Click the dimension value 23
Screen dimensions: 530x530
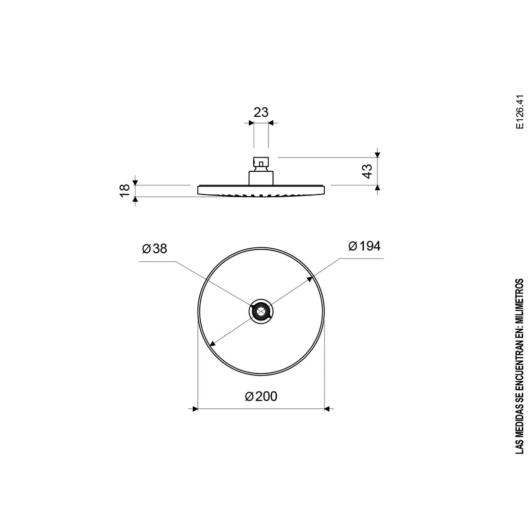pyautogui.click(x=261, y=112)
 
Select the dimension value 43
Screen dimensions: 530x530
pyautogui.click(x=367, y=171)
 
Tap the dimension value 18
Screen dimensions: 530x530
pyautogui.click(x=125, y=190)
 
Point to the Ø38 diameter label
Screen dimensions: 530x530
pyautogui.click(x=155, y=249)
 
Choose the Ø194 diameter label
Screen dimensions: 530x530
pyautogui.click(x=364, y=246)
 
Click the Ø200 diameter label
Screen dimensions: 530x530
pyautogui.click(x=261, y=396)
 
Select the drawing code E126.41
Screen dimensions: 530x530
pyautogui.click(x=520, y=111)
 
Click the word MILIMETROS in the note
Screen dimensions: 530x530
pyautogui.click(x=520, y=301)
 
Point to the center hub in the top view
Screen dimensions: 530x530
pyautogui.click(x=261, y=311)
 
